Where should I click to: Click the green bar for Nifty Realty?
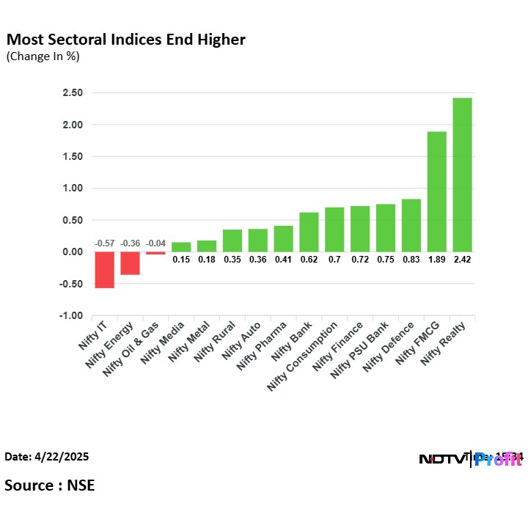[462, 175]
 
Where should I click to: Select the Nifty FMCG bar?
[436, 191]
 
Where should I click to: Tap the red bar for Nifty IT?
[104, 270]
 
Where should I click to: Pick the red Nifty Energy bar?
[130, 263]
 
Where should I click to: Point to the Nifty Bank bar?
[309, 232]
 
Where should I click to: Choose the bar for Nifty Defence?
[411, 225]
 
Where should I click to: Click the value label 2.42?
[462, 259]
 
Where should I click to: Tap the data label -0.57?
[104, 243]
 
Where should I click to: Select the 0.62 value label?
[309, 259]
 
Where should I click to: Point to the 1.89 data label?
[436, 259]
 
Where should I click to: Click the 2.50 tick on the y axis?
[72, 93]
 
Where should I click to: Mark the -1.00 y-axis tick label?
[70, 316]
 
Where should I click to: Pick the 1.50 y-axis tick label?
[72, 157]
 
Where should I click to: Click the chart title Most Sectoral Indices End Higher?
[125, 40]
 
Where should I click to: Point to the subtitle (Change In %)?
[43, 56]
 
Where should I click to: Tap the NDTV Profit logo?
[469, 460]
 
